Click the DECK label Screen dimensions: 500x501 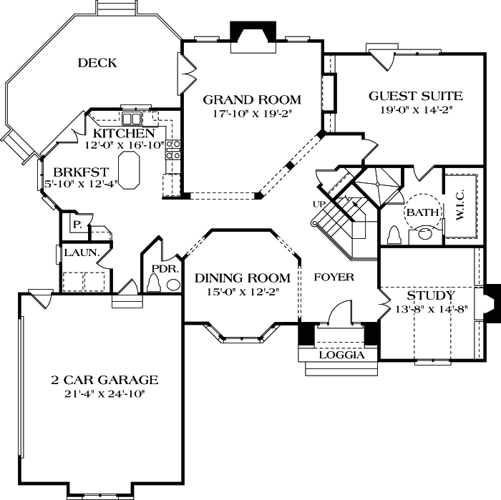[97, 63]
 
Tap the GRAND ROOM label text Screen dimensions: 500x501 [251, 99]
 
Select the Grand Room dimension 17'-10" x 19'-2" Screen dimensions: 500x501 [251, 113]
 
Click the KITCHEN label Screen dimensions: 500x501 [124, 133]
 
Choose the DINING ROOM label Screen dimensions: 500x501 [243, 278]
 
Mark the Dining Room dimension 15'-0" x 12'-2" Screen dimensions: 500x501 [243, 291]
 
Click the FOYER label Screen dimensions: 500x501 [334, 277]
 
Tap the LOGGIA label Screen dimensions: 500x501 [341, 355]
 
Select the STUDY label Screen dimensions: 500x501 [430, 295]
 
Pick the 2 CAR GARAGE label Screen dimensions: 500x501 [104, 380]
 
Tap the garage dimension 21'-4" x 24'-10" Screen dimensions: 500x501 [104, 393]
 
